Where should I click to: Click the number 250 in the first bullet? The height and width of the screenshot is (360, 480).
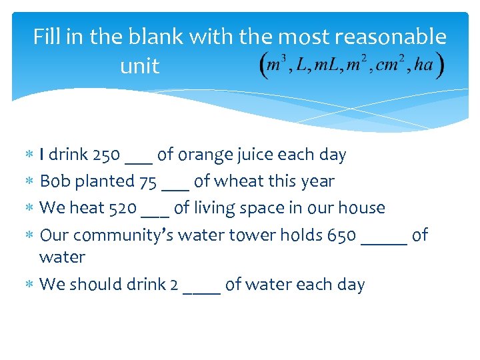[106, 155]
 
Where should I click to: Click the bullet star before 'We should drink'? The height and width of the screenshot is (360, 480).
[29, 285]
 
